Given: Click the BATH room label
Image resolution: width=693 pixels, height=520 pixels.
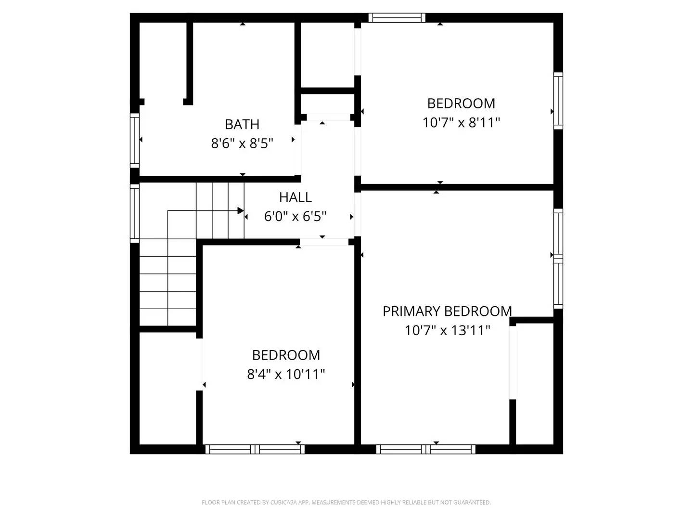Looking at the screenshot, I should pyautogui.click(x=242, y=124).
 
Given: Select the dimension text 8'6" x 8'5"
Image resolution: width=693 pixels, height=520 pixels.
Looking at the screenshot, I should pyautogui.click(x=242, y=143).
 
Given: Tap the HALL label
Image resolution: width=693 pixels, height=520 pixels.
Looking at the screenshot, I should pyautogui.click(x=295, y=197).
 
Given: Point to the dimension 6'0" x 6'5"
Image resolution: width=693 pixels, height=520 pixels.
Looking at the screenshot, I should pyautogui.click(x=295, y=217).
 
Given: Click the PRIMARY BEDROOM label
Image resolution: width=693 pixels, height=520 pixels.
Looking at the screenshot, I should pyautogui.click(x=447, y=311).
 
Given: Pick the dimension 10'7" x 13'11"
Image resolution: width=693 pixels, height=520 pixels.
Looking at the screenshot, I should pyautogui.click(x=447, y=330).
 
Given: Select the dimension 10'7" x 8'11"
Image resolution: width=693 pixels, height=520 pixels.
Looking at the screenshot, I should pyautogui.click(x=461, y=122).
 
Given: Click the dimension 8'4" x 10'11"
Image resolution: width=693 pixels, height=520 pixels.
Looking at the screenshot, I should pyautogui.click(x=286, y=374).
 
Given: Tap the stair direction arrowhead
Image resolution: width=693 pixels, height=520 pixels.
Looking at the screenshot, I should pyautogui.click(x=241, y=210).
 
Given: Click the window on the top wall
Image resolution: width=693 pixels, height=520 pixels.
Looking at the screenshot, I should pyautogui.click(x=397, y=18).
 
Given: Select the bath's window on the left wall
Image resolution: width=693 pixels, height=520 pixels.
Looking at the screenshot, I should pyautogui.click(x=135, y=140).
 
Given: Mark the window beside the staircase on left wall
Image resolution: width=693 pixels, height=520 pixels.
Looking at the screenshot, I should pyautogui.click(x=135, y=212).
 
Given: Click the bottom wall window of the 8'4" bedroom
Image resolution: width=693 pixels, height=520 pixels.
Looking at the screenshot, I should pyautogui.click(x=255, y=449).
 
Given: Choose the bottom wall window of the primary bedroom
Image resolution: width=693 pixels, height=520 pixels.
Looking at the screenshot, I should pyautogui.click(x=426, y=449).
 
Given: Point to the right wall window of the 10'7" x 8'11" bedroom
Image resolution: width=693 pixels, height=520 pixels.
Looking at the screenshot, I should pyautogui.click(x=558, y=100).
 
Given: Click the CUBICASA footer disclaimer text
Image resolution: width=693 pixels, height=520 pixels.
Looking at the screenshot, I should pyautogui.click(x=346, y=502).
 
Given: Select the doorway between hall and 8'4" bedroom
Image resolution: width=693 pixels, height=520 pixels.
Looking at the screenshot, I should pyautogui.click(x=324, y=242).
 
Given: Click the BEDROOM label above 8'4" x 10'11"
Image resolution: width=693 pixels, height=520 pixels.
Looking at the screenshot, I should pyautogui.click(x=286, y=355).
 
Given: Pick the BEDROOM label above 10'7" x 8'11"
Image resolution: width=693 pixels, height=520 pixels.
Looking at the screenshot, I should pyautogui.click(x=461, y=103).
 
